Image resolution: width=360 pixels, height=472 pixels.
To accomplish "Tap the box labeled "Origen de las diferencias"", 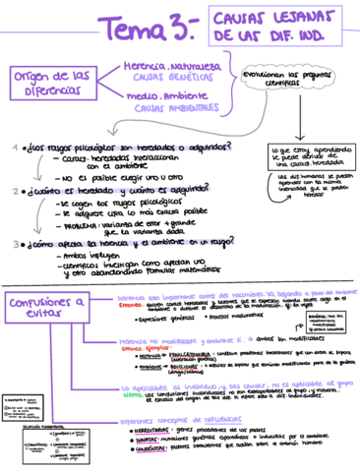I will point(53,84).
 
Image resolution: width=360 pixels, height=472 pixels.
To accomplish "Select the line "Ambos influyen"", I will point(68,255).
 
